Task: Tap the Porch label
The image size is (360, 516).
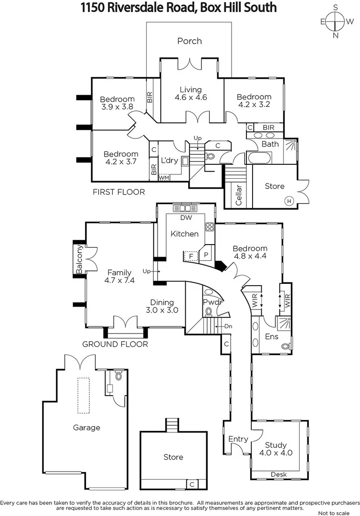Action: pyautogui.click(x=190, y=41)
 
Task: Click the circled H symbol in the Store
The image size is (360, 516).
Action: pyautogui.click(x=289, y=201)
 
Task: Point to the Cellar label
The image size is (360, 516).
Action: pyautogui.click(x=239, y=194)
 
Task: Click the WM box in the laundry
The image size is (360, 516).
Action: pyautogui.click(x=164, y=178)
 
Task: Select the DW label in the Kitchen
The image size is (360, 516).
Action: pyautogui.click(x=187, y=218)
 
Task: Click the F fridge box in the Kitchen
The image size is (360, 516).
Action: pyautogui.click(x=191, y=256)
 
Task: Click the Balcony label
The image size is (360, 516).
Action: pyautogui.click(x=80, y=260)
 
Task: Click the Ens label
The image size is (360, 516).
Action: pyautogui.click(x=272, y=336)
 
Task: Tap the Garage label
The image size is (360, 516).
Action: pyautogui.click(x=86, y=428)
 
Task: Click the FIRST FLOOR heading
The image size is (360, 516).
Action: pyautogui.click(x=119, y=192)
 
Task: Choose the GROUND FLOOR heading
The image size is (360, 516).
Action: pyautogui.click(x=115, y=344)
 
